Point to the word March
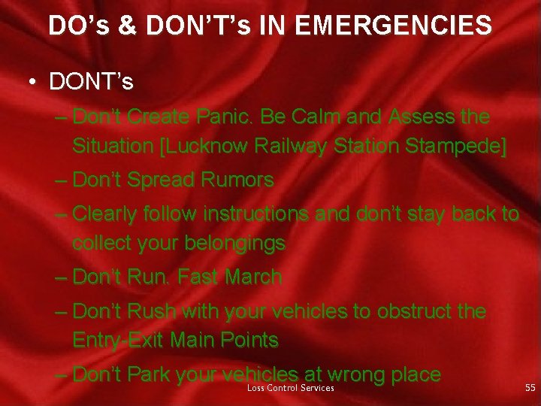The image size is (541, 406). [253, 277]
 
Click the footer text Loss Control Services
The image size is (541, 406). [291, 388]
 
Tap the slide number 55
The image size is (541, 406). [530, 388]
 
